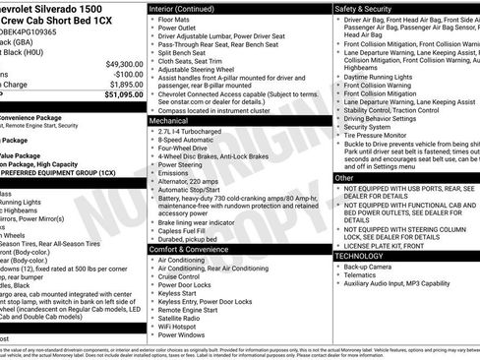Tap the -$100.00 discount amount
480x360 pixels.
point(123,74)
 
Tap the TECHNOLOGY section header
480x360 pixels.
point(359,256)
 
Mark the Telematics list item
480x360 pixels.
point(362,276)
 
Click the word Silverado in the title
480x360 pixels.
point(60,8)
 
